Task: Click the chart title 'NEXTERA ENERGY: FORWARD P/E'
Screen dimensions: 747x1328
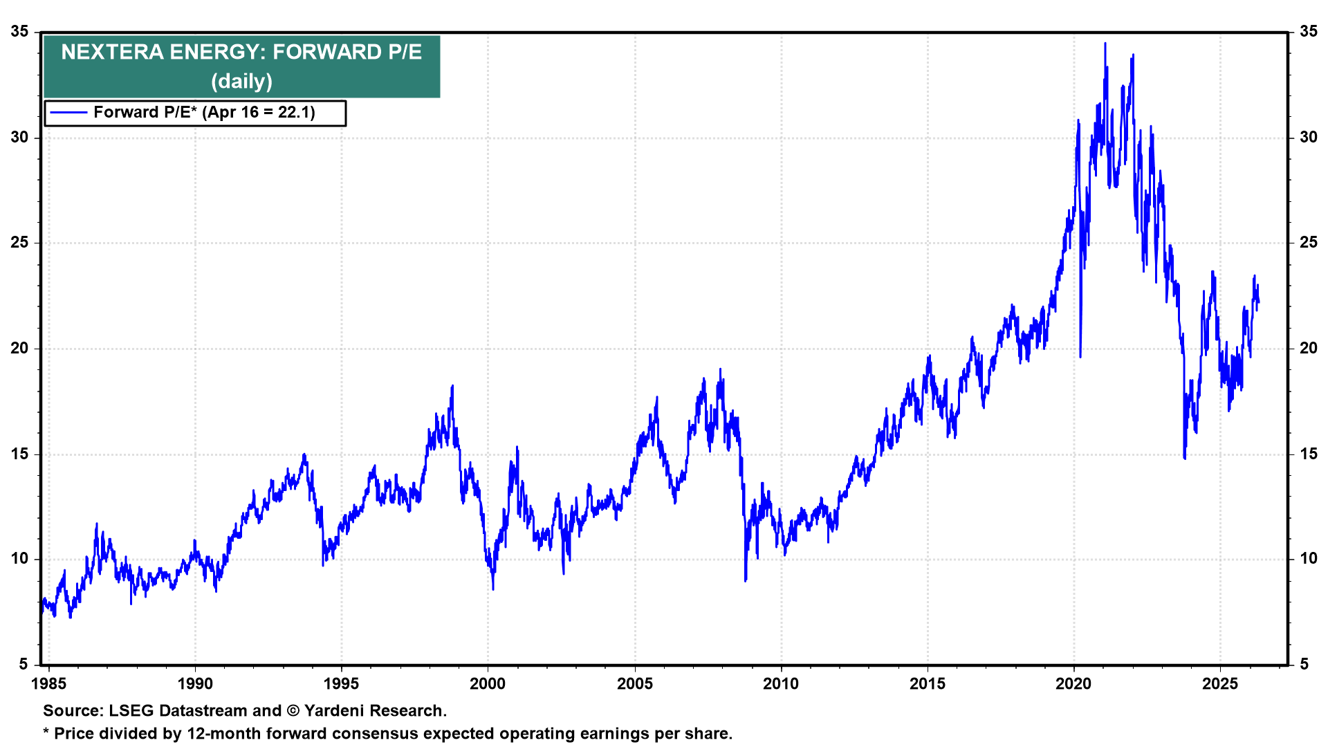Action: tap(241, 53)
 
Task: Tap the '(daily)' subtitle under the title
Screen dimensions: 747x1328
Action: tap(241, 82)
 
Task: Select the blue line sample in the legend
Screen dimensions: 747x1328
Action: tap(68, 113)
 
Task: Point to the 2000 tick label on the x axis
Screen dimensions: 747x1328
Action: tap(488, 684)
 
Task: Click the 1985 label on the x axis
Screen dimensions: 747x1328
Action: tap(49, 684)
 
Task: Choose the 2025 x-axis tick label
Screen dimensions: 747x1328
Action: tap(1220, 684)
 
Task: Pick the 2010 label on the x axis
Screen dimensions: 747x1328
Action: tap(781, 684)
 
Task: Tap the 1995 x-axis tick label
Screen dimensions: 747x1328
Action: tap(341, 684)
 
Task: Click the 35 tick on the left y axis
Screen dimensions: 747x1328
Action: tap(19, 32)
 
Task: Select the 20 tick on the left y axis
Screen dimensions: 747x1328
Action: tap(19, 349)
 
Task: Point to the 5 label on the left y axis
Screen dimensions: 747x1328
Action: tap(24, 665)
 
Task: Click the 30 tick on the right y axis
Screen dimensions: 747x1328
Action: tap(1308, 138)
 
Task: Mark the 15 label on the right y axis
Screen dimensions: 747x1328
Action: tap(1308, 454)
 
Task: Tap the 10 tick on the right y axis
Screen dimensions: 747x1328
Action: tap(1308, 560)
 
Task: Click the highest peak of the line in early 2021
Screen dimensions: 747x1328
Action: tap(1105, 44)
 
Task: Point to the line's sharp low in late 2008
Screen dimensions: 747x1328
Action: tap(745, 580)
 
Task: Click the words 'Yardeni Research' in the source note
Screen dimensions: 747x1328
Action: tap(373, 711)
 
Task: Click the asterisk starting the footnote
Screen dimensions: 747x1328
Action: tap(46, 732)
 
